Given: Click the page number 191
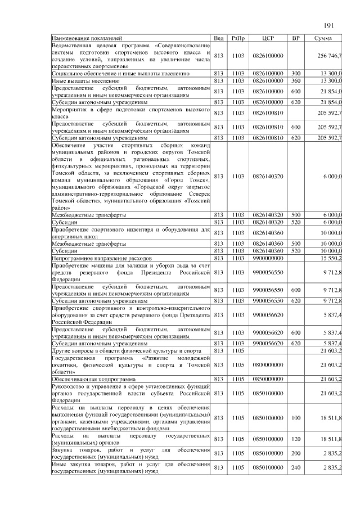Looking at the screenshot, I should pos(329,25).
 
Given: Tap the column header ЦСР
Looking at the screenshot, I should pos(268,38).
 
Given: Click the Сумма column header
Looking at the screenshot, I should pos(323,38).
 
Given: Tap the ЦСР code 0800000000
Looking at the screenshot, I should pos(268,365).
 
